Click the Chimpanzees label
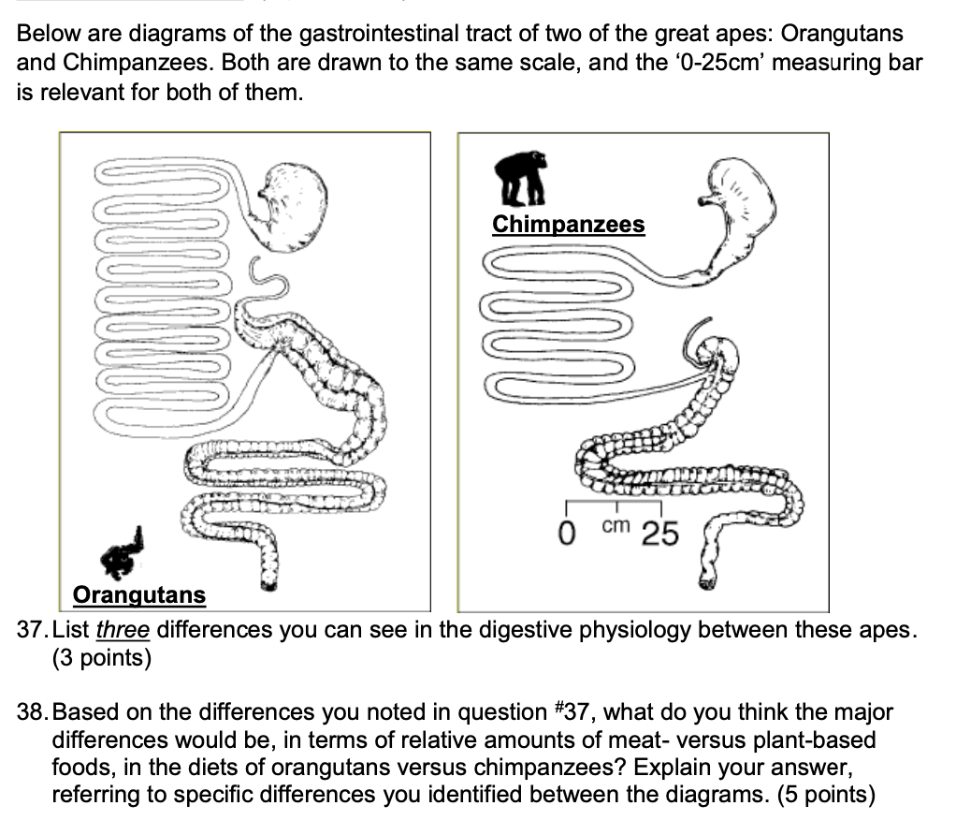pos(568,225)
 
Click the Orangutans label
pos(139,594)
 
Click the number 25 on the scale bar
pos(659,535)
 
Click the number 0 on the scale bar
pos(565,535)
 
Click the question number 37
pos(32,629)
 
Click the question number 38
pos(32,713)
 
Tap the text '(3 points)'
pos(101,658)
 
